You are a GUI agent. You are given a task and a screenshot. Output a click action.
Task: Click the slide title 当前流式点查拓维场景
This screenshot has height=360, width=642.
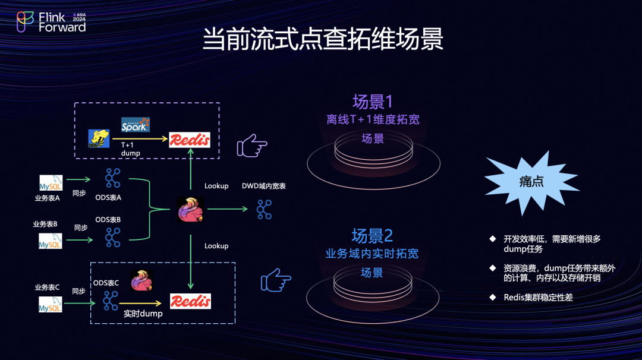(x=323, y=40)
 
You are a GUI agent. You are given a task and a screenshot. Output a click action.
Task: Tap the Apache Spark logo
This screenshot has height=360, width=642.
(x=135, y=125)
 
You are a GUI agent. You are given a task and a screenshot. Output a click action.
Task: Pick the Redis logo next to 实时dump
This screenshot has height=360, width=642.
(x=190, y=301)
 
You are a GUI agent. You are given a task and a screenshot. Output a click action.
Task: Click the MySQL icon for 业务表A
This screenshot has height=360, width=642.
(x=51, y=182)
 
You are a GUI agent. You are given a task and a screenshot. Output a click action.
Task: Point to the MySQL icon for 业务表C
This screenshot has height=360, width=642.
(x=51, y=305)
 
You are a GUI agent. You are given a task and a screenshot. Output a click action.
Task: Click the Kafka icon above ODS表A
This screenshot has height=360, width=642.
(x=112, y=178)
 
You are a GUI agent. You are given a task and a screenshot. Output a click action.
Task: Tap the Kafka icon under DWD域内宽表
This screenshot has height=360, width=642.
(x=264, y=209)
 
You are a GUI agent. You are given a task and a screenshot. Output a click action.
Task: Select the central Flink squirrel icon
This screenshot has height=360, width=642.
(x=190, y=210)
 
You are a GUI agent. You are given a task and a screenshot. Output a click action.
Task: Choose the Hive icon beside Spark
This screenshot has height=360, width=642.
(x=99, y=138)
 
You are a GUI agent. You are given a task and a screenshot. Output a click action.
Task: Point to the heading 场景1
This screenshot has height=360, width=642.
(x=373, y=102)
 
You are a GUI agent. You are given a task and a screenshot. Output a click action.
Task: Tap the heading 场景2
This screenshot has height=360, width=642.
(x=372, y=236)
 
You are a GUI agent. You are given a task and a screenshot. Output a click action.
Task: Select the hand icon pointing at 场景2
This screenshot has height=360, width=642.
(x=276, y=280)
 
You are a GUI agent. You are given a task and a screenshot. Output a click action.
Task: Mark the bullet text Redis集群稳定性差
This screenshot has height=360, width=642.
(x=538, y=297)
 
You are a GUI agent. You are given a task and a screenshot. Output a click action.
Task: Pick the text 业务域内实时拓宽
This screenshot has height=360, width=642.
(x=372, y=254)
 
